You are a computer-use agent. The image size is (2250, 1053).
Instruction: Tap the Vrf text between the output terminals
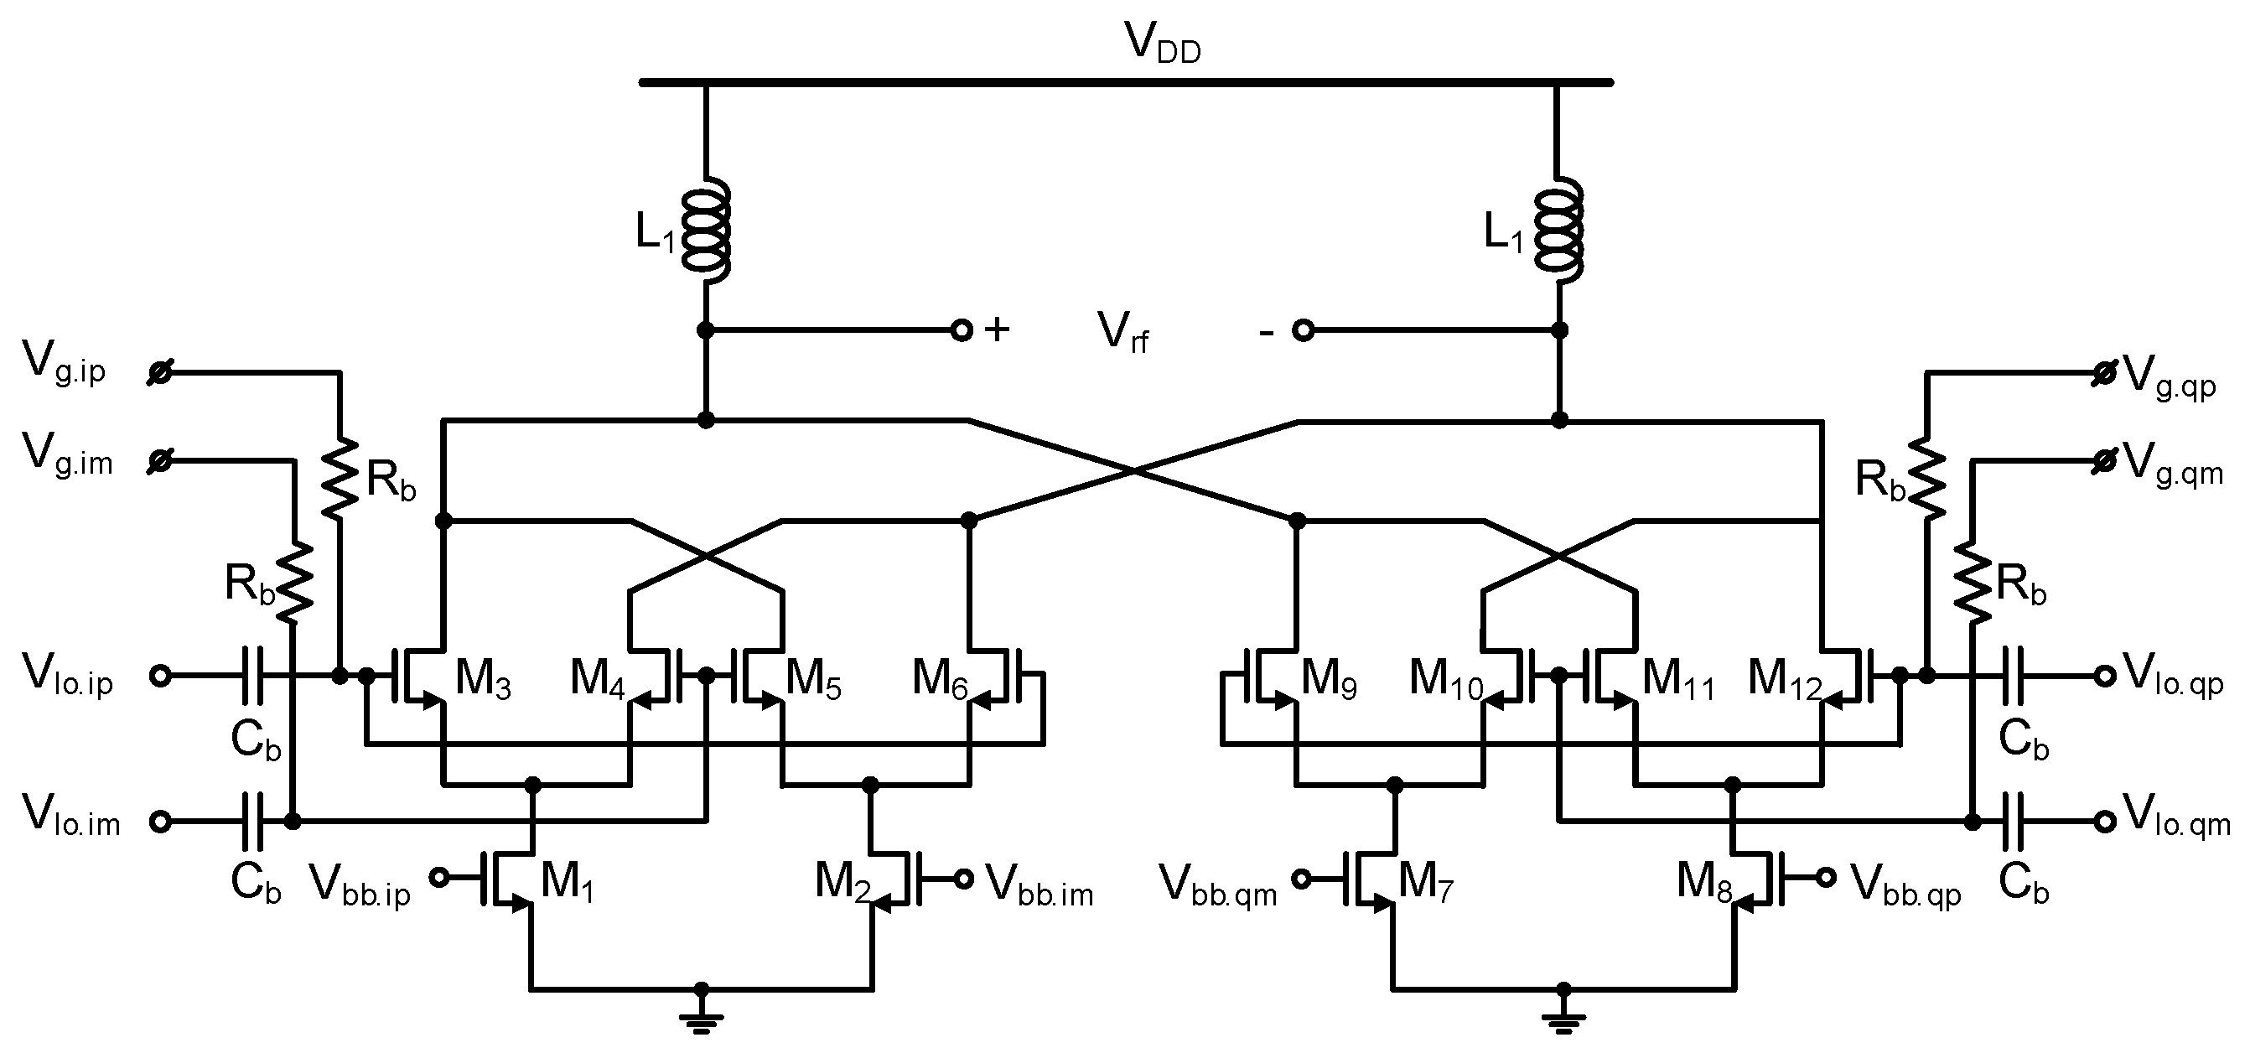coord(1123,333)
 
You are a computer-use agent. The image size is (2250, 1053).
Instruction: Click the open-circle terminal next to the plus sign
coord(961,330)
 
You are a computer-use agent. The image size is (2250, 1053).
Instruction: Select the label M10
coord(1445,679)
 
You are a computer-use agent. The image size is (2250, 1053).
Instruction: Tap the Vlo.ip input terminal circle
coord(160,676)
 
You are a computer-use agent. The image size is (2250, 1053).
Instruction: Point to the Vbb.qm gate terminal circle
coord(1300,879)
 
